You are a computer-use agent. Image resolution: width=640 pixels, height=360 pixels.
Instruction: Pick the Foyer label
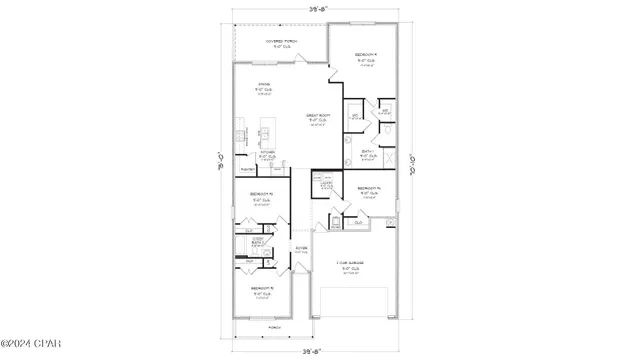(301, 248)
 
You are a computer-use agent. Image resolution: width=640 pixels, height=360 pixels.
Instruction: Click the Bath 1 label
(367, 152)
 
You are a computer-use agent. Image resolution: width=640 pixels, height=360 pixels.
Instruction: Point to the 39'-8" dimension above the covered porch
(318, 7)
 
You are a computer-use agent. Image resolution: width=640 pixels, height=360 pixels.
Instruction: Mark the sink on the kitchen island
(266, 130)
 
